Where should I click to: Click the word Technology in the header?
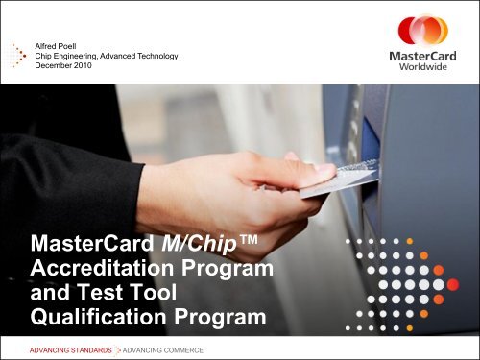[181, 57]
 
